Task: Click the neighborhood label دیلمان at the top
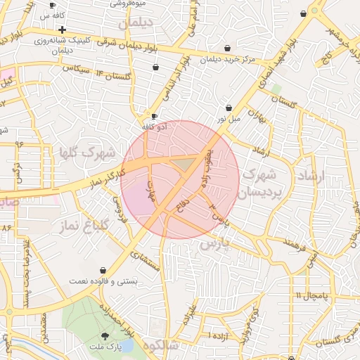point(135,23)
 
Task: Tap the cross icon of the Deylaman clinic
point(63,30)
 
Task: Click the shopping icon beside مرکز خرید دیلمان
point(229,48)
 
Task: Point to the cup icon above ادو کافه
point(154,117)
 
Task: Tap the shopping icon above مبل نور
point(229,108)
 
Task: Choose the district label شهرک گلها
point(69,153)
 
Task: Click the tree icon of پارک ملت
point(105,336)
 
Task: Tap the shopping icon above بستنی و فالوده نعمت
point(103,270)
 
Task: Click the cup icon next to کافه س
point(52,5)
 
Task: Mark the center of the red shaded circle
point(180,179)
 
